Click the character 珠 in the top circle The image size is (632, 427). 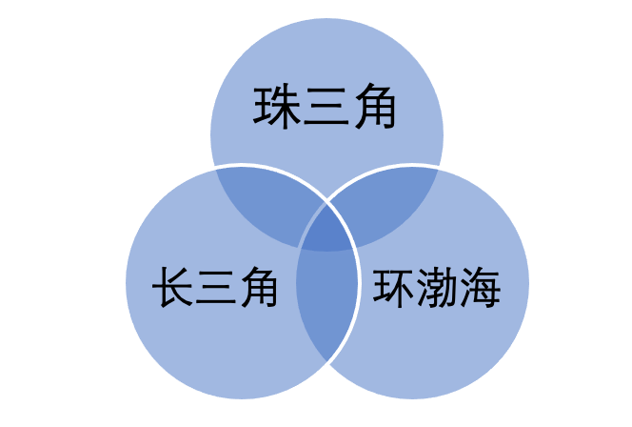click(276, 107)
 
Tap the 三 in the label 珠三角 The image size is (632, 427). click(326, 107)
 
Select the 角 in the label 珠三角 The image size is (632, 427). click(375, 107)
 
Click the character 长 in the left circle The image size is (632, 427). click(172, 287)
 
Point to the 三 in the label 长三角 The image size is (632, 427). click(216, 287)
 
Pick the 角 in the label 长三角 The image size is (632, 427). click(259, 287)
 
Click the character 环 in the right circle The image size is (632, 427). click(392, 287)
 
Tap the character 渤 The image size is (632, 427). click(437, 287)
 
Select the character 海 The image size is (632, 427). click(480, 287)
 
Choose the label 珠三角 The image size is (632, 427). click(325, 107)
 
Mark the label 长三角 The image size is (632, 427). click(215, 287)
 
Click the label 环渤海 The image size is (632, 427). click(437, 287)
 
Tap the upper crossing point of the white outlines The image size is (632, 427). click(326, 201)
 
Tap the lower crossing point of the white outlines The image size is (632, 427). click(326, 362)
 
